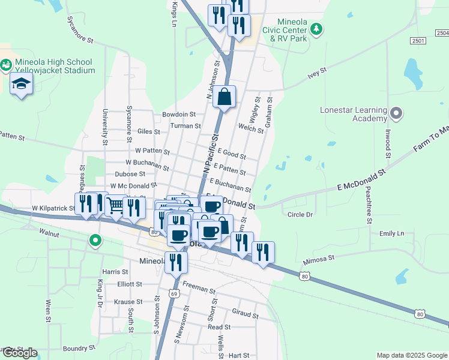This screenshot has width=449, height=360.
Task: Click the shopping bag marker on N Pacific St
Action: (224, 97)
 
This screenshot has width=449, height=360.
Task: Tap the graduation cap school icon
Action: (21, 84)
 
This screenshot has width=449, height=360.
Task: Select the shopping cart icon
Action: (115, 206)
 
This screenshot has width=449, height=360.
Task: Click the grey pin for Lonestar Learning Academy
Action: (396, 113)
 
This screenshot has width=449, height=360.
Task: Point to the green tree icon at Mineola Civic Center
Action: (316, 28)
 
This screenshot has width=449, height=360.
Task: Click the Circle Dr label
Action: (300, 214)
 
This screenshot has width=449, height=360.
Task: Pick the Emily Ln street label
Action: (391, 233)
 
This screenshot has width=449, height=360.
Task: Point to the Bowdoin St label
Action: (179, 114)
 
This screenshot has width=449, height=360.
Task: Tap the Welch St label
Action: (252, 127)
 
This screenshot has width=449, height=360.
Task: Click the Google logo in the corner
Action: (20, 353)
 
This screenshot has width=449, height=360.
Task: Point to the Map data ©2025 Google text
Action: (411, 355)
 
